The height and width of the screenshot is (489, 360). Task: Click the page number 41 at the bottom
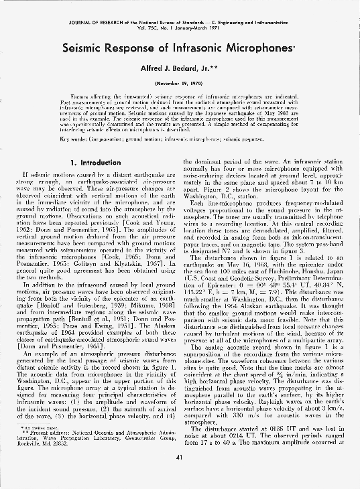(x=180, y=475)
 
